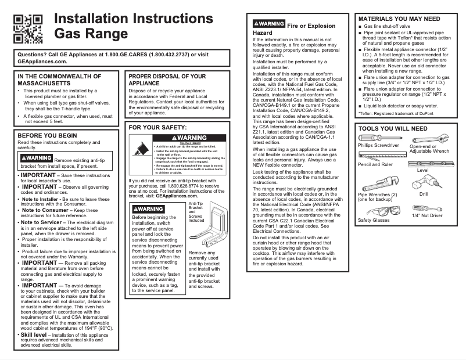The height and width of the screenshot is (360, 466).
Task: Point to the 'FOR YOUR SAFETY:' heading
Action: tap(157, 127)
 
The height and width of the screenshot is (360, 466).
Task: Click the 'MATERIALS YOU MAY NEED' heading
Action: tap(399, 19)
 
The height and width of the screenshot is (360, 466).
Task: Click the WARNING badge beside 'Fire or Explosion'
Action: tap(269, 25)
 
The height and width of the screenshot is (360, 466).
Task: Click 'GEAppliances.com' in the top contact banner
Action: tap(42, 61)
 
